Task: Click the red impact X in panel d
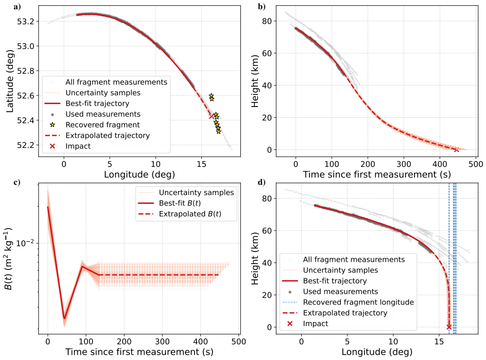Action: (449, 327)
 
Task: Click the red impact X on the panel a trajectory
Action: (212, 116)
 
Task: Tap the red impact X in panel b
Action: (456, 150)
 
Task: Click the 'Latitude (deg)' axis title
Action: (10, 81)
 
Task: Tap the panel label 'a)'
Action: (17, 6)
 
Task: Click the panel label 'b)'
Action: (262, 6)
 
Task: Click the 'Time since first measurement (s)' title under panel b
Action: (377, 175)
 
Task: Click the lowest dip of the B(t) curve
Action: (65, 319)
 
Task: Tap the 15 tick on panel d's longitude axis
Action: (439, 342)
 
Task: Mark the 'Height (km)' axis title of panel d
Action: (255, 258)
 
